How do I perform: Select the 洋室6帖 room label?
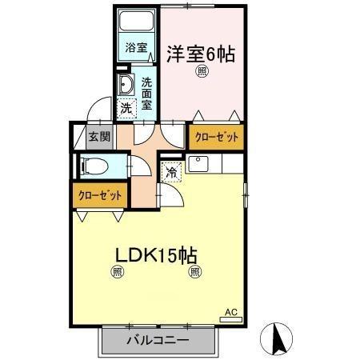[201, 54]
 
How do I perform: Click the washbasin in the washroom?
[126, 86]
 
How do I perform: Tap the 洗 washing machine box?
[126, 107]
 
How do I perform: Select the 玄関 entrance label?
[99, 136]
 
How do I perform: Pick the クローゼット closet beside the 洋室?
[217, 137]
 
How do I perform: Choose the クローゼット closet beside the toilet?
[101, 194]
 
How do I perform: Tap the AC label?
[230, 312]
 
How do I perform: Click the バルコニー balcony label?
[158, 341]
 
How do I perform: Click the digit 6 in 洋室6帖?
[210, 54]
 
